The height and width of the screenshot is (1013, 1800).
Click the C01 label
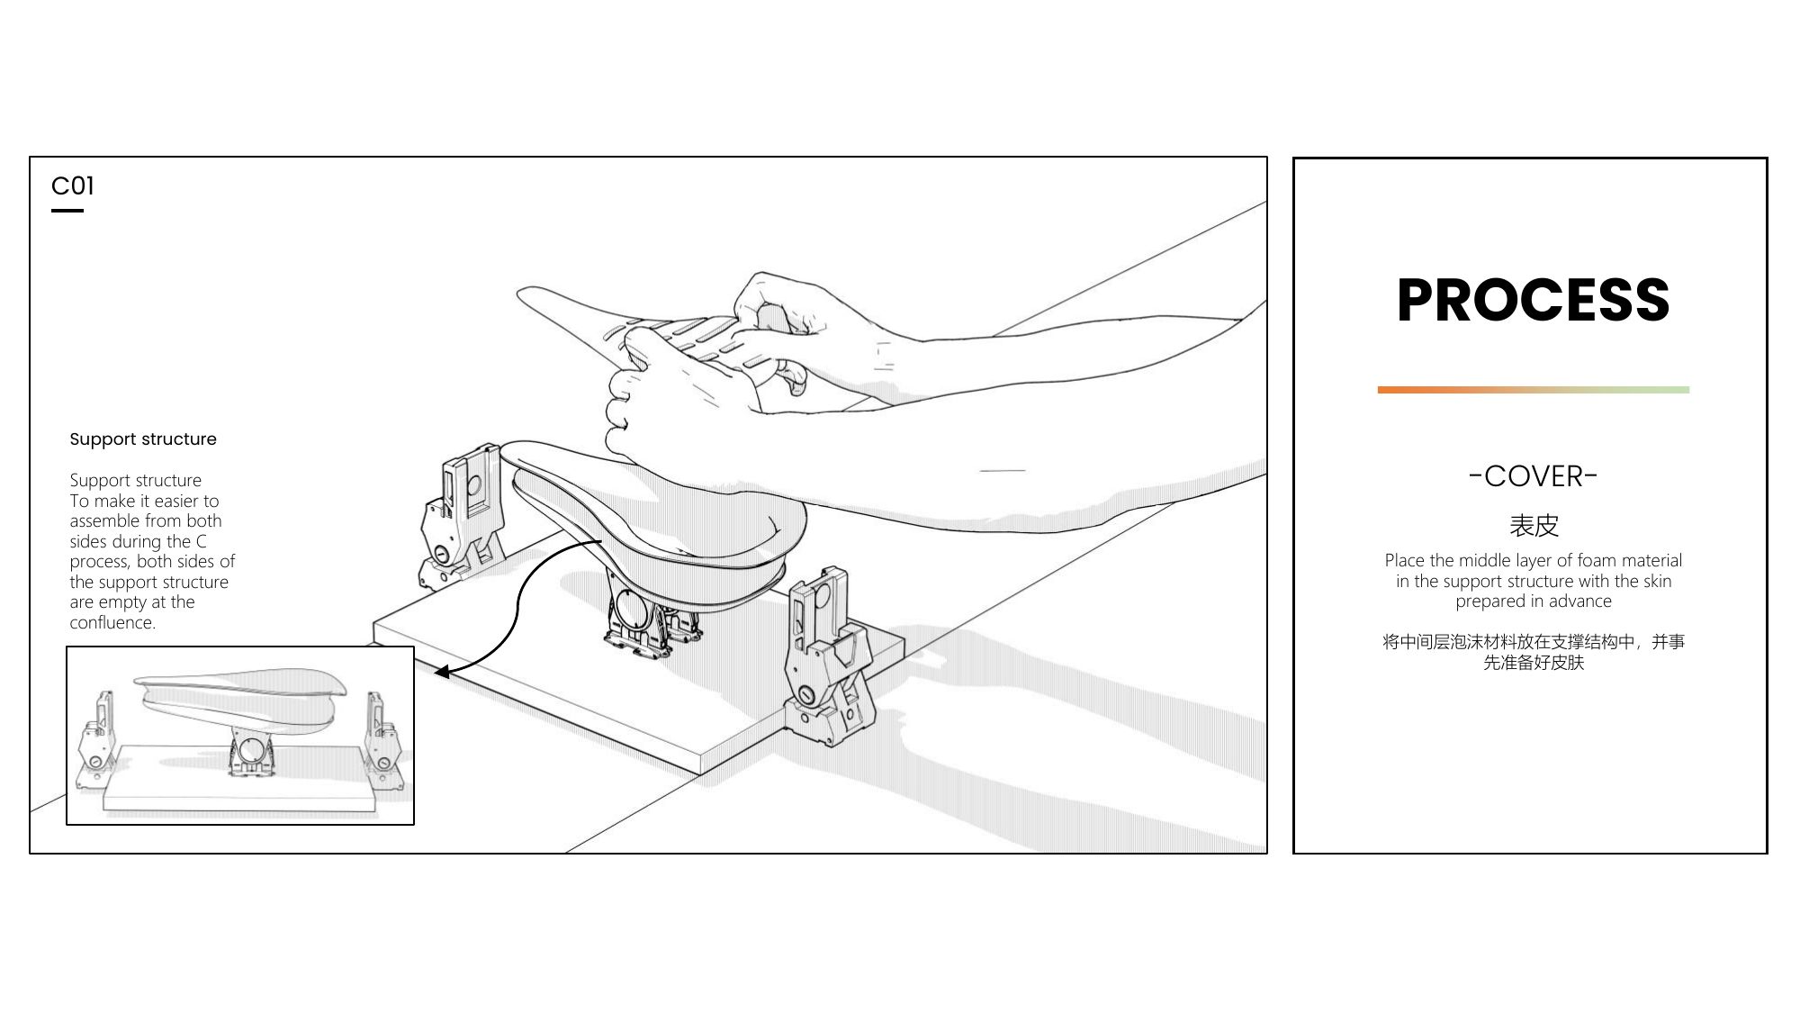(x=72, y=185)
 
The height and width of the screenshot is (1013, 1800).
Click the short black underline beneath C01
(x=67, y=211)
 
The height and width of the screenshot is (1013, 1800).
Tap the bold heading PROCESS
(x=1533, y=300)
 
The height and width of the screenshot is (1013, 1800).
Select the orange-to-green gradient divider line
(x=1533, y=390)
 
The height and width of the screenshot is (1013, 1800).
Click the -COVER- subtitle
(x=1533, y=476)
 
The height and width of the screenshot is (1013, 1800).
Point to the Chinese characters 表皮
(x=1534, y=526)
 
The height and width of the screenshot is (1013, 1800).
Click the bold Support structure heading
(x=143, y=439)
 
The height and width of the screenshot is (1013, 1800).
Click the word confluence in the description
(x=111, y=622)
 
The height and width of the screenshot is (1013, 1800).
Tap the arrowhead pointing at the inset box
(x=441, y=672)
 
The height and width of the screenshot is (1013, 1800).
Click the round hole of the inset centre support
(x=251, y=749)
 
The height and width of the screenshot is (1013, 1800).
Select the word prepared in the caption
(x=1489, y=601)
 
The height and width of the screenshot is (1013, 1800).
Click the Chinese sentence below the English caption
(x=1534, y=652)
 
